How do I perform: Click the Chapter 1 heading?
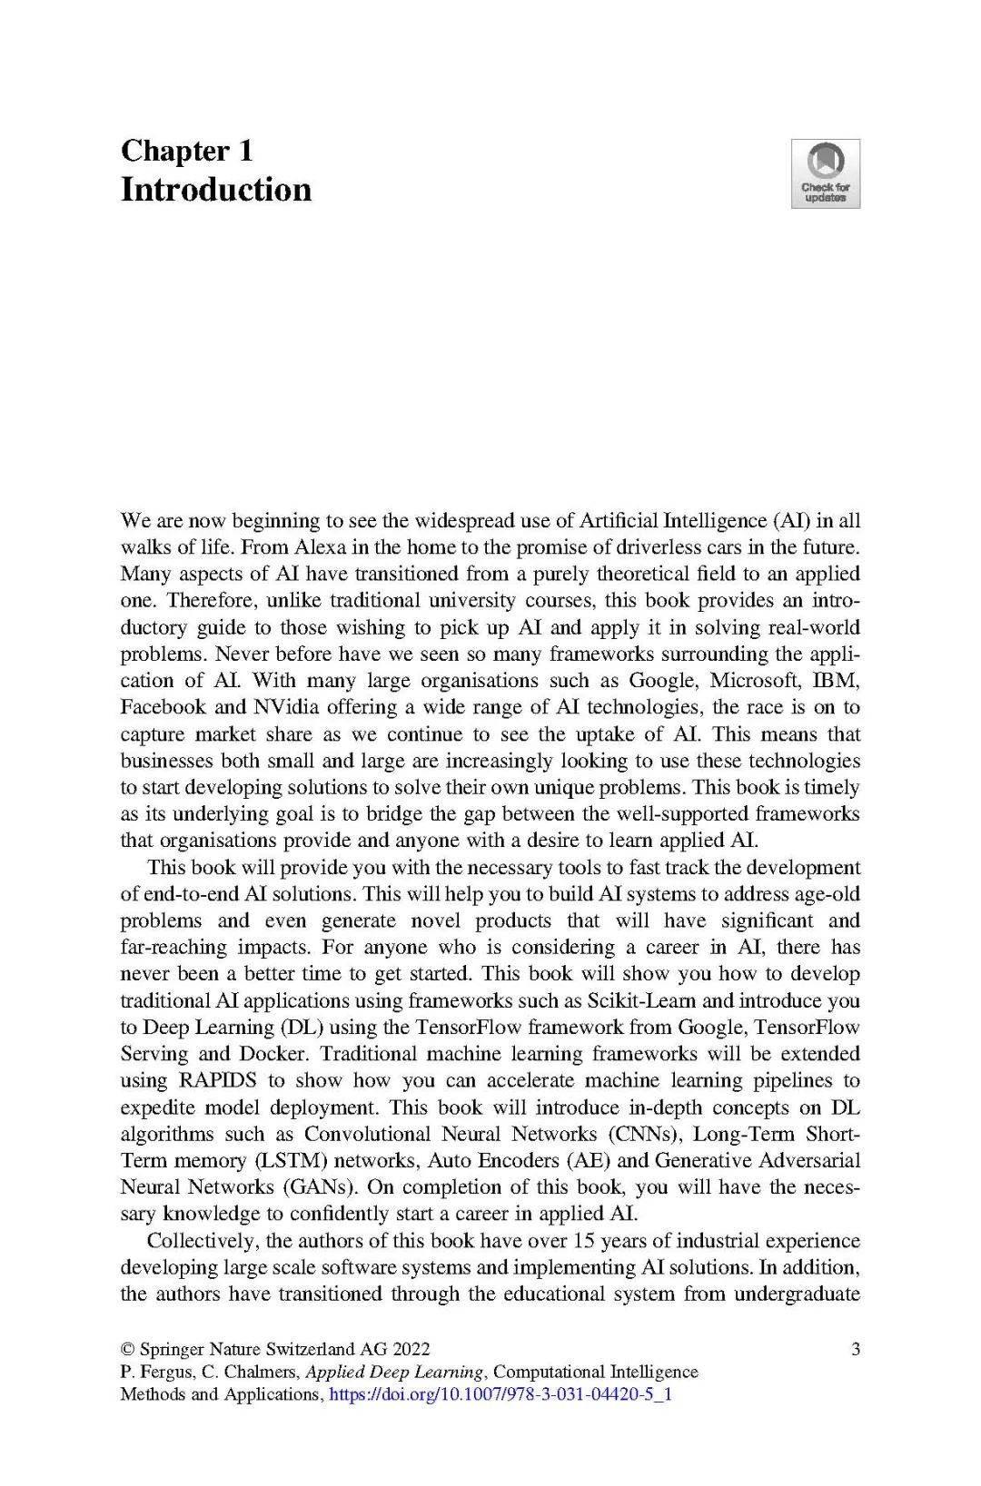click(x=186, y=151)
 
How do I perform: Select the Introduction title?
click(x=216, y=190)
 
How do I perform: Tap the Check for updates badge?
click(x=825, y=173)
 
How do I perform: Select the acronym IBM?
click(x=835, y=681)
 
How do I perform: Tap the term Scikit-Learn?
click(x=642, y=1000)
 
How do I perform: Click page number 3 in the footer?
click(x=855, y=1349)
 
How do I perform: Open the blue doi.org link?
click(x=500, y=1394)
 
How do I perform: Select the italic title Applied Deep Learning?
click(x=394, y=1372)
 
